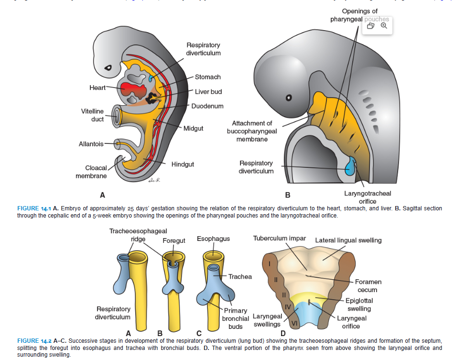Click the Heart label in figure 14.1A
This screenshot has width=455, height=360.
point(97,87)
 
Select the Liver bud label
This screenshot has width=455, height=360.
point(208,92)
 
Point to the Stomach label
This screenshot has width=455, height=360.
point(208,77)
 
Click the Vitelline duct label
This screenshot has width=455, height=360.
point(92,115)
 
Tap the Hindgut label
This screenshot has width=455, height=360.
point(183,164)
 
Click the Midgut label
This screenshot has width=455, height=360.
point(194,129)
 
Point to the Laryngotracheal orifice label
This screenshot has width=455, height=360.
point(368,197)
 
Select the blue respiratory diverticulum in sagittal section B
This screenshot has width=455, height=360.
point(352,166)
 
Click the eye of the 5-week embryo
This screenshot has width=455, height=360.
point(288,98)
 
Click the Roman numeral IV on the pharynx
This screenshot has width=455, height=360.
point(288,306)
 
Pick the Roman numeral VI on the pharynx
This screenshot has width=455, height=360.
point(294,324)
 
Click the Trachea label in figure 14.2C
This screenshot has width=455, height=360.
point(240,277)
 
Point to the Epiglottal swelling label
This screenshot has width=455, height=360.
point(359,305)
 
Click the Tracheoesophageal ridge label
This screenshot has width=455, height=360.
point(138,235)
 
